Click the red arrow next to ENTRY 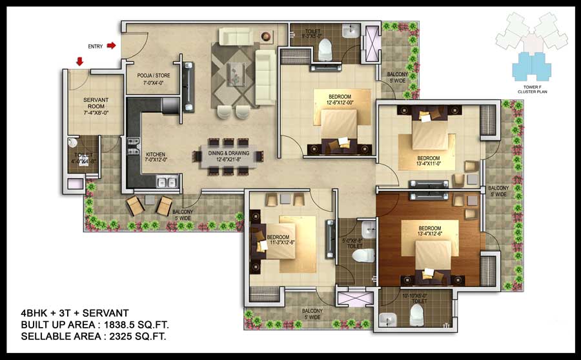(x=111, y=46)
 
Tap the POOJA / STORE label (x=154, y=79)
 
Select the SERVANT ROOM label (x=96, y=106)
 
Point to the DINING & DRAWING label (x=228, y=155)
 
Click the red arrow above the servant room (x=79, y=61)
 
